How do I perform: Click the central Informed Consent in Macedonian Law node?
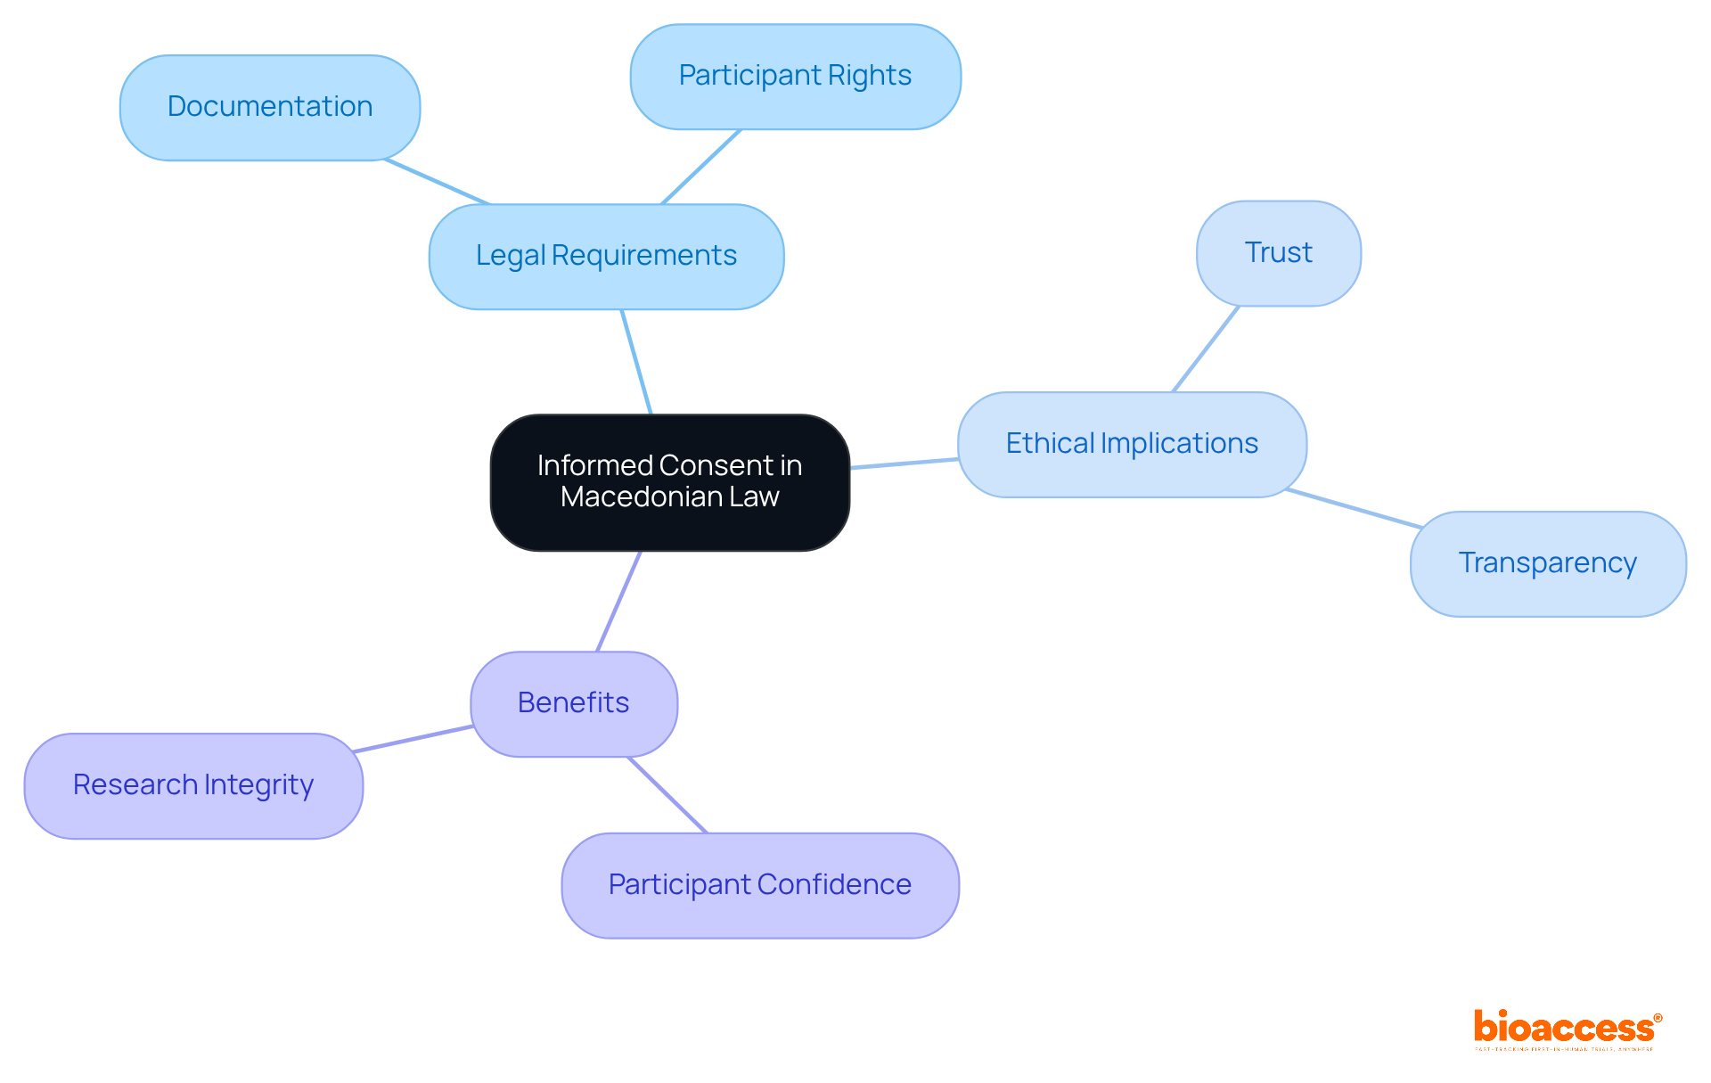(x=669, y=482)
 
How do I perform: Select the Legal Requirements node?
(x=606, y=257)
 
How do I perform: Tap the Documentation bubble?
(x=270, y=108)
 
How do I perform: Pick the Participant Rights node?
(x=795, y=77)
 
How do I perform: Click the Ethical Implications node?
(x=1132, y=444)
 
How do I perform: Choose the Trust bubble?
(x=1278, y=253)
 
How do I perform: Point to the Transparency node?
(x=1547, y=563)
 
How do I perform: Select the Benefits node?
(x=574, y=703)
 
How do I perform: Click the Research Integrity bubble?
(x=193, y=785)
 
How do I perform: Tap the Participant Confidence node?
(x=759, y=885)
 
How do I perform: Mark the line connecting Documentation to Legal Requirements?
(x=437, y=182)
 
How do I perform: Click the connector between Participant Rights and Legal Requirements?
(x=701, y=167)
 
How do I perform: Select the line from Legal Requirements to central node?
(x=636, y=362)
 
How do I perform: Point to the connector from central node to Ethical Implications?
(x=904, y=464)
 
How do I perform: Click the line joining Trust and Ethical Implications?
(x=1206, y=349)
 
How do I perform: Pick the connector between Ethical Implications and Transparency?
(x=1354, y=508)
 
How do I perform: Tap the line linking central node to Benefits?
(x=618, y=602)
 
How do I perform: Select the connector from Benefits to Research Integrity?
(x=413, y=739)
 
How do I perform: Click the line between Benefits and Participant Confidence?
(x=667, y=795)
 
